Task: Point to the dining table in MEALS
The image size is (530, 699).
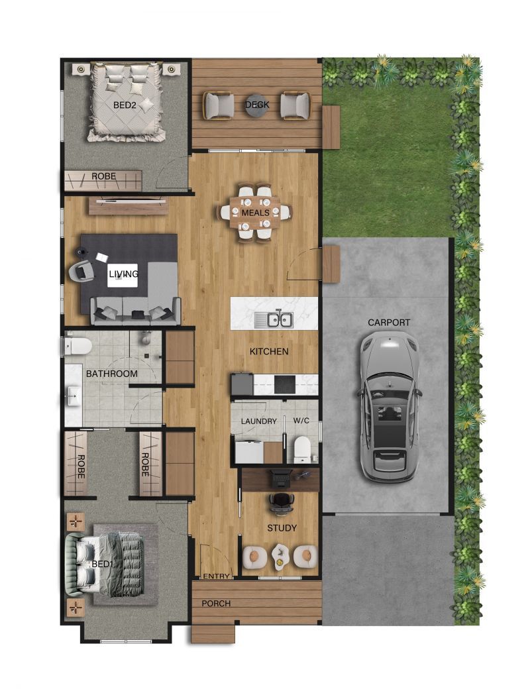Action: [x=255, y=213]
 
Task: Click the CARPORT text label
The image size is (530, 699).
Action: [x=389, y=323]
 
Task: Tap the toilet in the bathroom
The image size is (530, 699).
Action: [x=79, y=345]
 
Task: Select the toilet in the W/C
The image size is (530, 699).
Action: [x=303, y=448]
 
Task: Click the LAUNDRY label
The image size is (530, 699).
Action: [x=258, y=421]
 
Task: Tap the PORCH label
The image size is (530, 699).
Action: [x=216, y=604]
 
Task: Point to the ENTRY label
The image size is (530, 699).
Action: [x=216, y=576]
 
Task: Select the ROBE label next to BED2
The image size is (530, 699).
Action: [x=104, y=177]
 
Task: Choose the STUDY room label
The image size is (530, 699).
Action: [x=282, y=528]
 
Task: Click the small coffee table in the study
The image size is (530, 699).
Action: [x=281, y=557]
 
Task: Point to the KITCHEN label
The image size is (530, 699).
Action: [x=269, y=351]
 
